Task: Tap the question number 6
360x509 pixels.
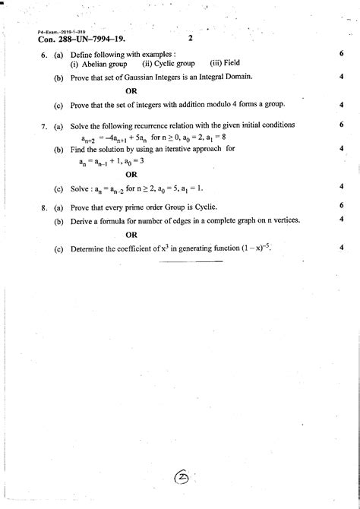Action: pyautogui.click(x=45, y=55)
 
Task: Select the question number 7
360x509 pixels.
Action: pyautogui.click(x=45, y=125)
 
